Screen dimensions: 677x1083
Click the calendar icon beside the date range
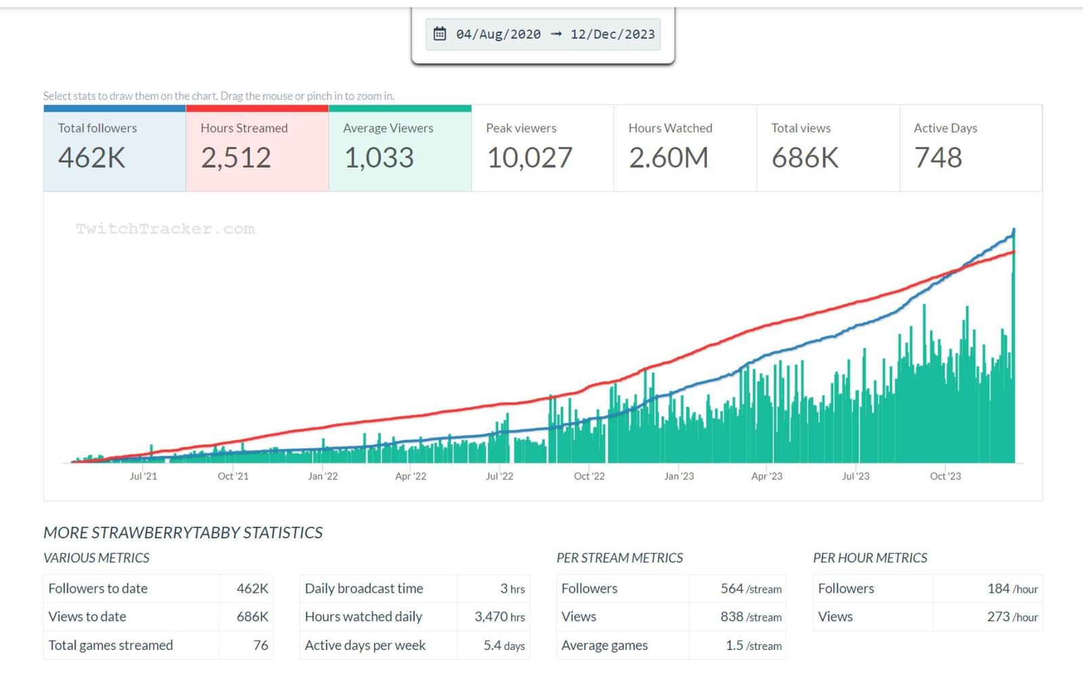click(440, 34)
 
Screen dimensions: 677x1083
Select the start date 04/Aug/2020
click(498, 34)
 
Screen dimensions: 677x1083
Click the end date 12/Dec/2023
click(613, 34)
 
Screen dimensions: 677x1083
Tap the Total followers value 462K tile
click(92, 158)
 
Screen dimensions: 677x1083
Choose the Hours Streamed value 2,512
click(236, 158)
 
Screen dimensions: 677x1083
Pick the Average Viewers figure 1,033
click(379, 158)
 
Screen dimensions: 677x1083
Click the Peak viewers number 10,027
click(529, 158)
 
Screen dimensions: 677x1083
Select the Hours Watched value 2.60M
click(669, 158)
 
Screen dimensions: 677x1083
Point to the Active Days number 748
click(938, 158)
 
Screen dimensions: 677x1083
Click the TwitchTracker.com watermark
click(165, 229)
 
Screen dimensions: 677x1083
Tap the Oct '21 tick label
click(233, 476)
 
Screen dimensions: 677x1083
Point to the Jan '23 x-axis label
click(679, 476)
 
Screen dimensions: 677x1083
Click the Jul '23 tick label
click(856, 476)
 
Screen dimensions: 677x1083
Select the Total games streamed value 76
click(261, 645)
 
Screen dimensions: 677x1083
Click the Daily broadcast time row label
click(364, 588)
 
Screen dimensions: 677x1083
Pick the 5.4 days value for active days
click(504, 645)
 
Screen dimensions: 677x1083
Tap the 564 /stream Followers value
click(751, 588)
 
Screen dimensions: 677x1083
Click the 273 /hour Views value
click(1012, 617)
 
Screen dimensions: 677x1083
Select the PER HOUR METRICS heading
click(870, 558)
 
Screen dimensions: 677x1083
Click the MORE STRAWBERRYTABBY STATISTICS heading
click(183, 533)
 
